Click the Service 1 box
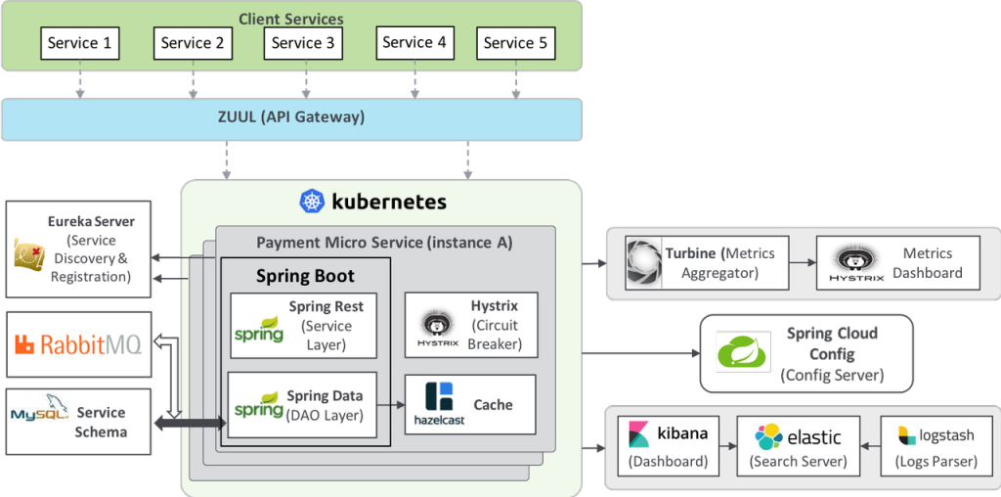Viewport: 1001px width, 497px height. click(80, 43)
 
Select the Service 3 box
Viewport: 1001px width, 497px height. click(303, 43)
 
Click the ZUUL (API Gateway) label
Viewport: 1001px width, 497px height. click(290, 117)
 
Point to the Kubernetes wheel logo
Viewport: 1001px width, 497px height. click(312, 203)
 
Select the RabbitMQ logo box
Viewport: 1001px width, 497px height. click(78, 344)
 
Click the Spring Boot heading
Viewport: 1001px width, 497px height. click(305, 276)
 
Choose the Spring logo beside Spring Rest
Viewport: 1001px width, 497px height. click(259, 329)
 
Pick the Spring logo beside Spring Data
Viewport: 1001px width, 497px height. click(259, 404)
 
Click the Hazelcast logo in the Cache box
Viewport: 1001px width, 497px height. click(440, 403)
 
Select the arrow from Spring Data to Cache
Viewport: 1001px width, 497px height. click(397, 404)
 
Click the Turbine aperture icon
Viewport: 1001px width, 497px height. click(644, 261)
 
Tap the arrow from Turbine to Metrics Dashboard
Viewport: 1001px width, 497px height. click(801, 262)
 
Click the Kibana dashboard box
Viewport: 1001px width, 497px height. click(669, 443)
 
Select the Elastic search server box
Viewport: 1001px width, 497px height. click(799, 443)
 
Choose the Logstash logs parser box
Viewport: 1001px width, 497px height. click(935, 443)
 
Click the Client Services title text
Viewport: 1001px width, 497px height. click(290, 19)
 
